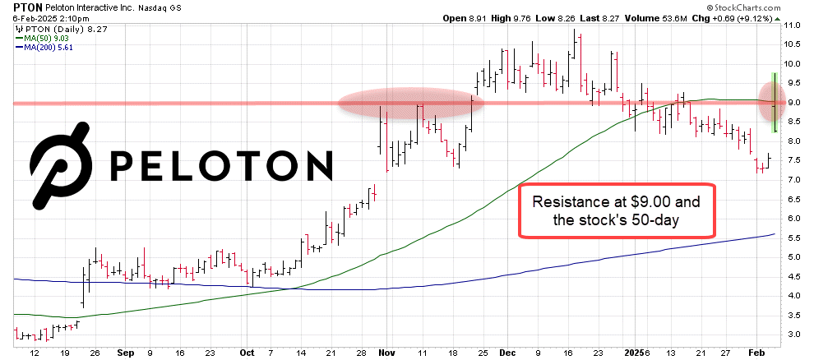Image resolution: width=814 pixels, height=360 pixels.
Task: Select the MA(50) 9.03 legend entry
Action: click(x=51, y=37)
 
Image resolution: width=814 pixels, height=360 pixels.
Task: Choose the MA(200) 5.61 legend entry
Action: click(x=53, y=47)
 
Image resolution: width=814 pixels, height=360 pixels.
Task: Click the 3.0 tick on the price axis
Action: click(x=792, y=335)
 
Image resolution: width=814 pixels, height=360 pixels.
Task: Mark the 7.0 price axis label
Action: click(x=792, y=180)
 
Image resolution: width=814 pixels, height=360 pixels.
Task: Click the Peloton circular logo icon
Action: click(x=62, y=163)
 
